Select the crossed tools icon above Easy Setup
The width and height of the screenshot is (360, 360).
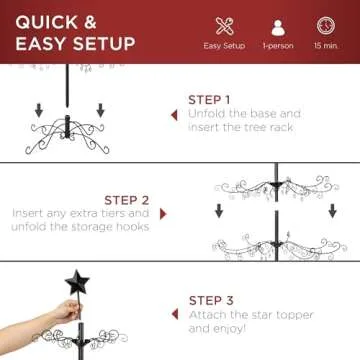coord(225,26)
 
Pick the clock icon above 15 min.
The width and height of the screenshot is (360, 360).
coord(325,26)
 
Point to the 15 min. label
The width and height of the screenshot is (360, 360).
coord(325,45)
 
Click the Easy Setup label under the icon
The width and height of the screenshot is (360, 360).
coord(225,45)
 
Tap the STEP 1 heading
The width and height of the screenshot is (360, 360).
coord(209,100)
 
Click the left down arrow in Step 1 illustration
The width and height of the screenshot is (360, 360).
coord(37,109)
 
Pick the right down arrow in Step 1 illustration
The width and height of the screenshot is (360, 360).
coord(99,109)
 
